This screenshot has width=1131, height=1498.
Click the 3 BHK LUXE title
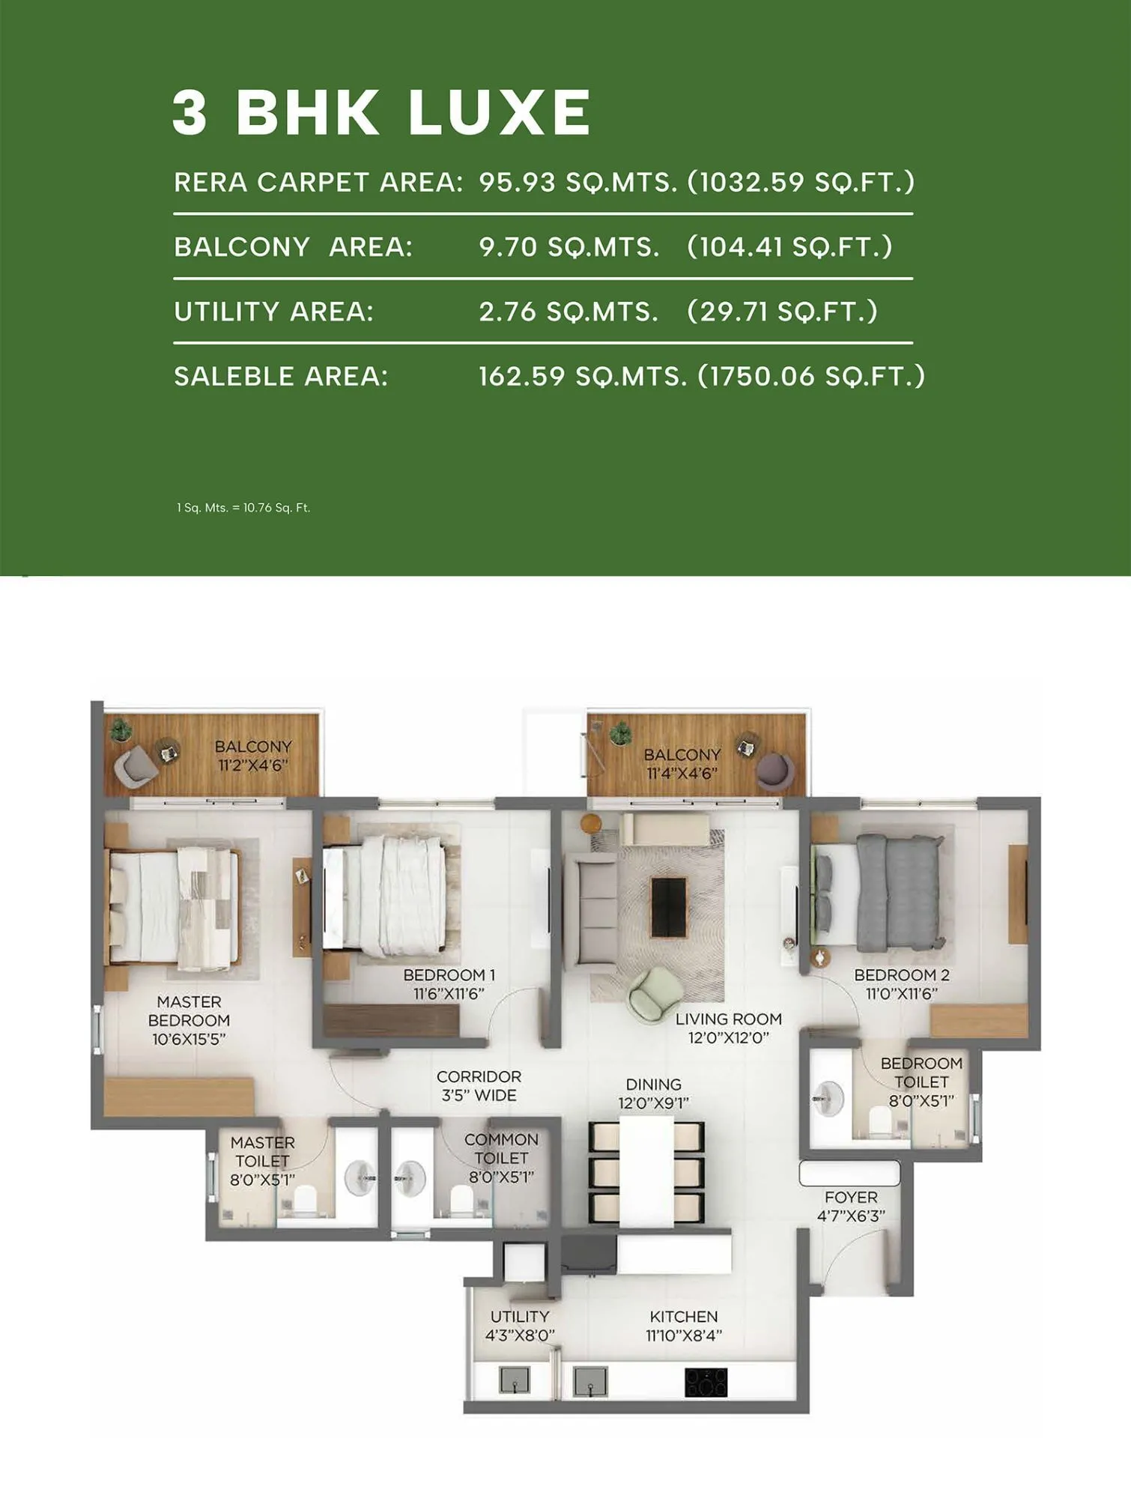coord(380,112)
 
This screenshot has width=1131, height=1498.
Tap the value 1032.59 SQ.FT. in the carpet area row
coord(801,182)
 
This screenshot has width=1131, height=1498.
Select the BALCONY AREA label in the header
coord(293,246)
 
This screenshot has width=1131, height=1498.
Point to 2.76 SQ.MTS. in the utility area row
coord(568,312)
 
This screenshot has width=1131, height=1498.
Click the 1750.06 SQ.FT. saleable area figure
coord(811,376)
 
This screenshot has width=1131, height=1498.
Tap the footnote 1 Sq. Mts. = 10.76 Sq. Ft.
coord(243,508)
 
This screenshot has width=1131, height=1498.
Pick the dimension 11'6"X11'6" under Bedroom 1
coord(449,994)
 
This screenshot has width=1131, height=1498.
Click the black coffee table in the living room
coord(668,907)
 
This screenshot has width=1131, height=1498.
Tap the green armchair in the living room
coord(655,993)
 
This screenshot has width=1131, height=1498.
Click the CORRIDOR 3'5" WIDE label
coord(479,1085)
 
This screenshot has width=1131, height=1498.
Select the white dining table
coord(646,1171)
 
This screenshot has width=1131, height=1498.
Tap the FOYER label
coord(851,1197)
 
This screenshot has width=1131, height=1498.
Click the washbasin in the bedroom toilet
coord(829,1099)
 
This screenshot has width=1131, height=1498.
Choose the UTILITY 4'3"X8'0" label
coord(520,1325)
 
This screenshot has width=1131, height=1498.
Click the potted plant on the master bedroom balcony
coord(121,729)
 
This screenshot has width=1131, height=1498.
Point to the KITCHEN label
coord(683,1316)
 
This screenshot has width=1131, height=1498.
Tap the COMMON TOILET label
coord(501,1148)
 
